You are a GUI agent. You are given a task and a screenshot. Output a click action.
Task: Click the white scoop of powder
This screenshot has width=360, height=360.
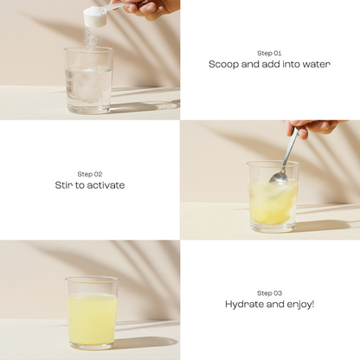point(94,18)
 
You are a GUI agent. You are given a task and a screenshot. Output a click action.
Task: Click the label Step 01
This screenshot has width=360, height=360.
point(269,53)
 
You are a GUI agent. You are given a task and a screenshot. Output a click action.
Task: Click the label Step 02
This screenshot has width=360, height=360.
point(89,173)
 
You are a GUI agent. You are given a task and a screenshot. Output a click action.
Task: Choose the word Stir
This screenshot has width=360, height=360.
point(65,184)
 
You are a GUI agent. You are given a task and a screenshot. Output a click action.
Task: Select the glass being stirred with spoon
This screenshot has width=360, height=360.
point(273,197)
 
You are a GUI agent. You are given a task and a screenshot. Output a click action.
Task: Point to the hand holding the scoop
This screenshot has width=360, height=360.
point(148,8)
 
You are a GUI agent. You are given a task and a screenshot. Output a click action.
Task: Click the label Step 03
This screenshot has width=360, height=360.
point(269,292)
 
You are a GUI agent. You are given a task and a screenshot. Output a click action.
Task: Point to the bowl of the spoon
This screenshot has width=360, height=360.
point(278,177)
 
